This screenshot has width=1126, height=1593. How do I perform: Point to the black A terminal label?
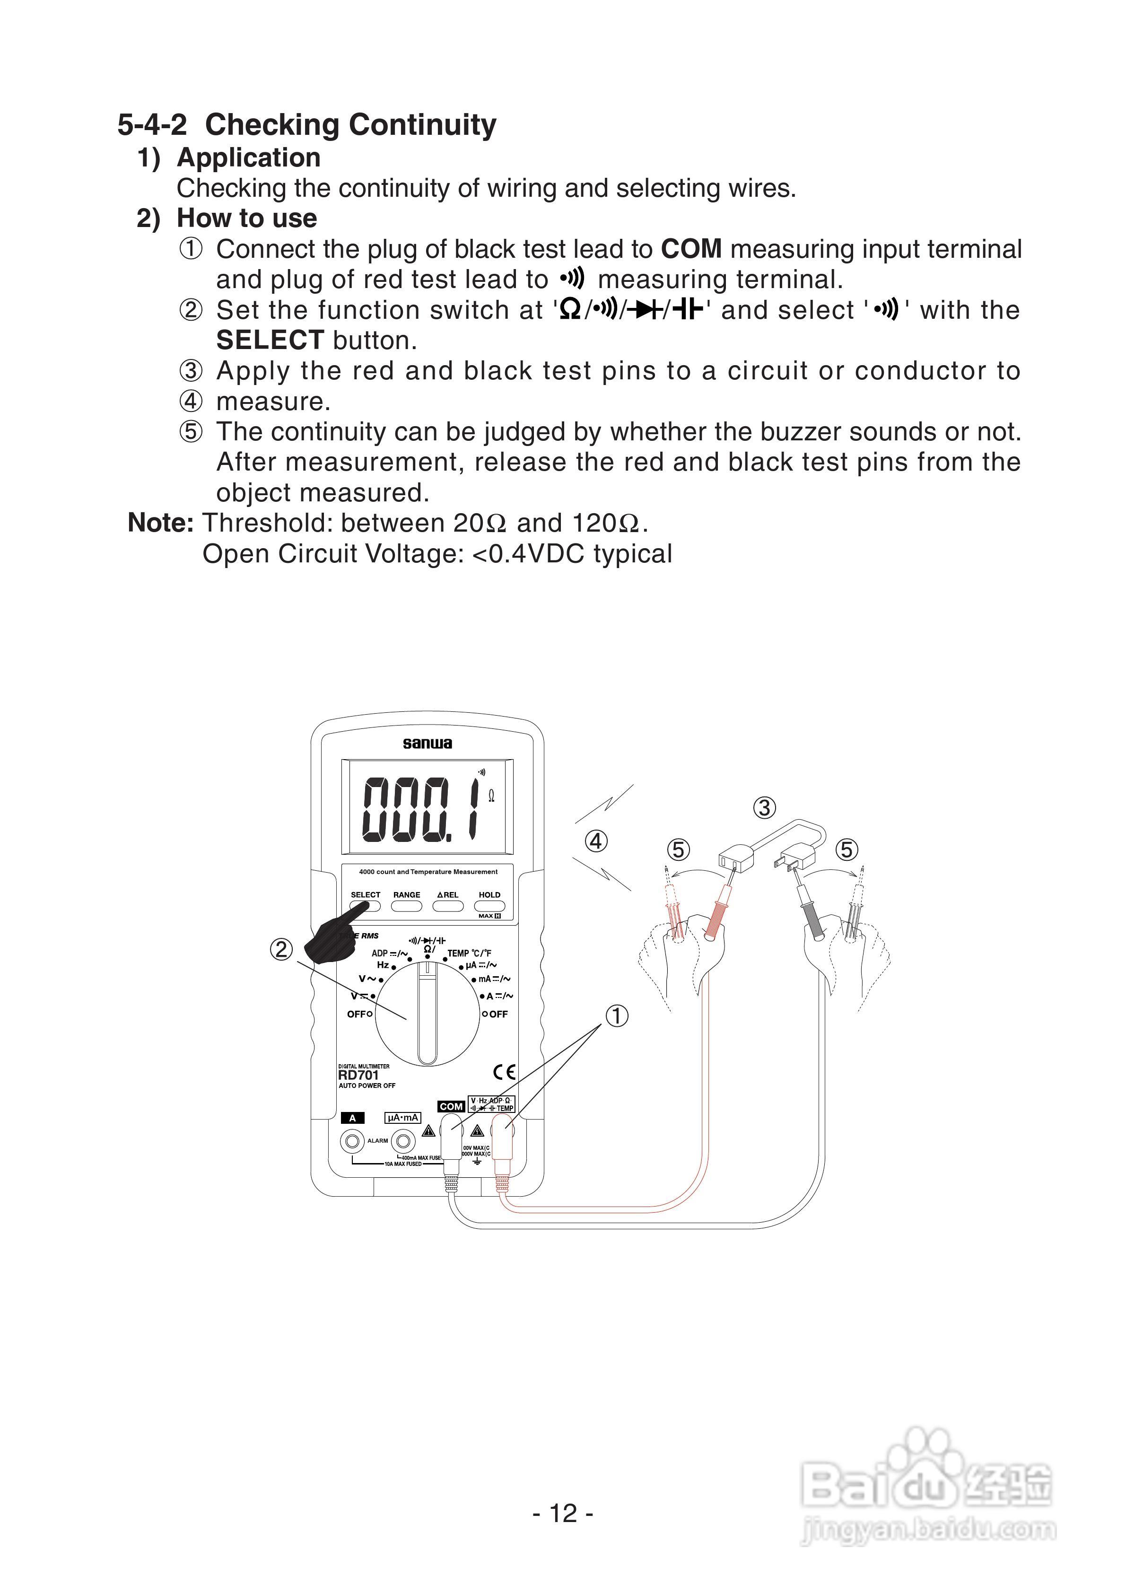pyautogui.click(x=352, y=1118)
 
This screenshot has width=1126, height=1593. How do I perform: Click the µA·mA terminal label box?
pyautogui.click(x=402, y=1118)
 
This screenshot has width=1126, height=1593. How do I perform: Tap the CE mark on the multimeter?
pyautogui.click(x=505, y=1072)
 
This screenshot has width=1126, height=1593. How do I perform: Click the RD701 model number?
pyautogui.click(x=358, y=1075)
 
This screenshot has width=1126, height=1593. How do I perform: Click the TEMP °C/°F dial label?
pyautogui.click(x=469, y=954)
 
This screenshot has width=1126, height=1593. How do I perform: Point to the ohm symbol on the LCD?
pyautogui.click(x=491, y=796)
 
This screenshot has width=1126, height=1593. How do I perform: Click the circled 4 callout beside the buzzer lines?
pyautogui.click(x=596, y=841)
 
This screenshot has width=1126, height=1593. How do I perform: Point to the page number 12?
pyautogui.click(x=563, y=1513)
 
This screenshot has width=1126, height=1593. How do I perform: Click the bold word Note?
pyautogui.click(x=160, y=523)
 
